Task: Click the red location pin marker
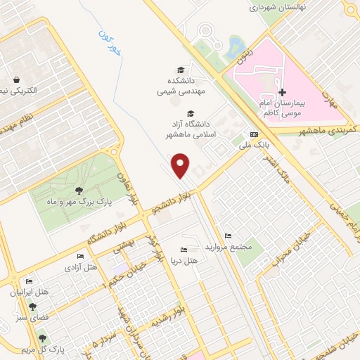(181, 165)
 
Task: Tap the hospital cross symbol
(282, 92)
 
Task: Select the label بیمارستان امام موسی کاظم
(284, 108)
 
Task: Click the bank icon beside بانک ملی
(253, 134)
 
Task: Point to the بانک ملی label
(256, 144)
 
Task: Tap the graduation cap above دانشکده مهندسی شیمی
(181, 70)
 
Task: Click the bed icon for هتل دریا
(184, 250)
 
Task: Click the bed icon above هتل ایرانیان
(28, 282)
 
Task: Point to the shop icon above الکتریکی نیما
(15, 79)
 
